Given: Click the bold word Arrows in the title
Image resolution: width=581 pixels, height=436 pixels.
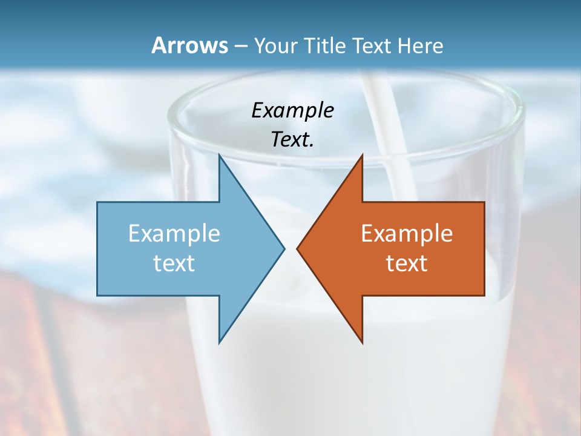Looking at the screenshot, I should coord(189,45).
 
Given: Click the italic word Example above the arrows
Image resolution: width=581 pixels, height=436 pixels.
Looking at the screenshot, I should coord(292,111).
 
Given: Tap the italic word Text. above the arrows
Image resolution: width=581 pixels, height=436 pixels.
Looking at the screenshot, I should coord(292,140).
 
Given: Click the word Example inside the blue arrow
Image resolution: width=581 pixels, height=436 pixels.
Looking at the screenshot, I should coord(174,234).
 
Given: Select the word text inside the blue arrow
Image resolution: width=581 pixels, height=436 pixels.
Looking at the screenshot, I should coord(174,263).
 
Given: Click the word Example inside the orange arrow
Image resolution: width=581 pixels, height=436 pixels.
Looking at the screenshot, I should coord(407,234).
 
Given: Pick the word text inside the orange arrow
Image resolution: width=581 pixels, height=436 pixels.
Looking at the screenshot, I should coord(407,263).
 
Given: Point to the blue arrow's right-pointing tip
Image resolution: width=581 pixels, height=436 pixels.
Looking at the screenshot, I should coord(283,248).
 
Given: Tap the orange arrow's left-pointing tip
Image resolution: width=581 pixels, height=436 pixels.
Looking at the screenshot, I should coord(298,248).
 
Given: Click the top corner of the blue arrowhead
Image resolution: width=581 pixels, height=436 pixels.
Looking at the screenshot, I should coord(219,155).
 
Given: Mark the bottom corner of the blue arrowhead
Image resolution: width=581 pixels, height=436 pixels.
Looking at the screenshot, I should coord(219,342).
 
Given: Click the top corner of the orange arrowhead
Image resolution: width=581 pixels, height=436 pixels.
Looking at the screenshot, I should coord(362,155).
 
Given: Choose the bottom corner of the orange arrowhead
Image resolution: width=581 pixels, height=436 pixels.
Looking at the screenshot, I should coord(362,342).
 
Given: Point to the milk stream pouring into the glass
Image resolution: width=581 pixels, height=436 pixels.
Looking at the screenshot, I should coord(387,133).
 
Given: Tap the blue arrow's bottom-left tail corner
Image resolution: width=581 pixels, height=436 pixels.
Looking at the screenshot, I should coord(98,295).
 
